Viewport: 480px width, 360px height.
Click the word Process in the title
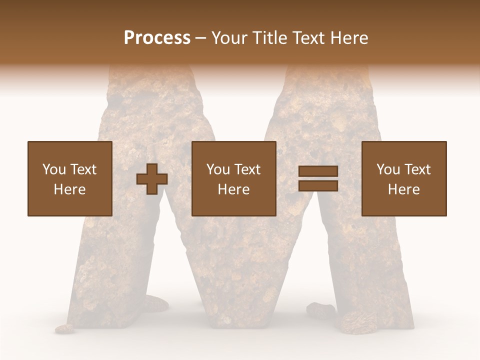coord(157,38)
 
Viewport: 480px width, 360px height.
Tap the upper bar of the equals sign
coord(318,171)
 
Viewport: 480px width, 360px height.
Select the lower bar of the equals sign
coord(318,185)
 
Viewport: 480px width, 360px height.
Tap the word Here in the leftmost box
coord(69,189)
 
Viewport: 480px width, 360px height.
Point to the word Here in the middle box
coord(233,189)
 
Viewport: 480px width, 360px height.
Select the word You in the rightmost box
coord(388,169)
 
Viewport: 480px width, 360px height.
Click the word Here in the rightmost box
coord(403,189)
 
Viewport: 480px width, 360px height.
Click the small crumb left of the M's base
coord(64,328)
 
